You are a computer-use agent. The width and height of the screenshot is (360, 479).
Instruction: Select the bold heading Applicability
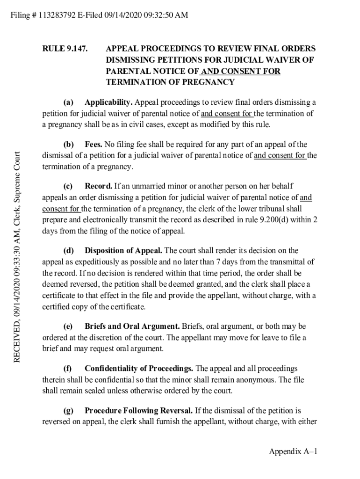point(109,102)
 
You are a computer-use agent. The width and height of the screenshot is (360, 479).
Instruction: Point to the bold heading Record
point(99,186)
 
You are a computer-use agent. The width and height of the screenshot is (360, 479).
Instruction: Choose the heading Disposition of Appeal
point(124,251)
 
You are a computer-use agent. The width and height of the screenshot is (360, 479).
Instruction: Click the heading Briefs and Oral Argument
point(132,326)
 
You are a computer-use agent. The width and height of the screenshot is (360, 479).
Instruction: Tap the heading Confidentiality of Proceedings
point(139,369)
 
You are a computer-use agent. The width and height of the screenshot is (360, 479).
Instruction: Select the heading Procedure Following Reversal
point(138,411)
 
